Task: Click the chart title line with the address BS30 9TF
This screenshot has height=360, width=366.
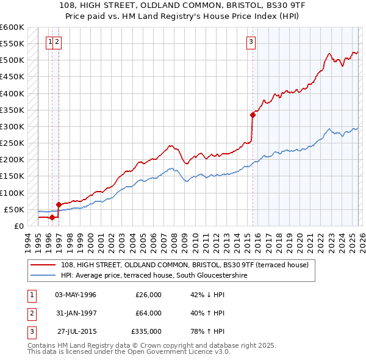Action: point(182,5)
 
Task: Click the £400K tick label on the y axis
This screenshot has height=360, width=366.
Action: point(12,93)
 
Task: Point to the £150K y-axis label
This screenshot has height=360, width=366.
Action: point(12,176)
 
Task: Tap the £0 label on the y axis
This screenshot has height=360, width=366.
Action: point(18,226)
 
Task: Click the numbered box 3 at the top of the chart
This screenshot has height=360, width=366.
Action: point(251,41)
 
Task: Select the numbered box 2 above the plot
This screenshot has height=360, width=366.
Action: point(57,41)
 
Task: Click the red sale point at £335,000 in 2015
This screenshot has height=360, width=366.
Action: point(253,114)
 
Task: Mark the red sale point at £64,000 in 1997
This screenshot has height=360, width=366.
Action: point(59,204)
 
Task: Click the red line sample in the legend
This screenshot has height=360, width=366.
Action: point(43,265)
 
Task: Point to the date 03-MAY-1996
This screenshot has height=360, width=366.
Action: point(76,295)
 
